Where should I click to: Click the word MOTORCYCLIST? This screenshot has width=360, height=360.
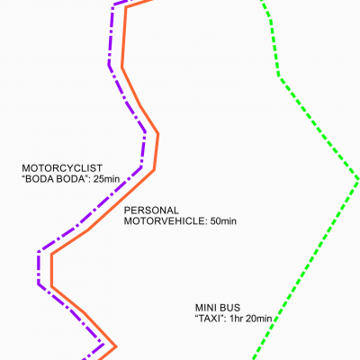pyautogui.click(x=62, y=168)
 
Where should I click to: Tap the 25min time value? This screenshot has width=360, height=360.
pyautogui.click(x=106, y=179)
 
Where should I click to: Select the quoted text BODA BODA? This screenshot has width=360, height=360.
pyautogui.click(x=55, y=179)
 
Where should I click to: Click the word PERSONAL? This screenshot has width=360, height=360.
pyautogui.click(x=151, y=211)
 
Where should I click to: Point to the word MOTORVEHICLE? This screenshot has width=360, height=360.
pyautogui.click(x=166, y=221)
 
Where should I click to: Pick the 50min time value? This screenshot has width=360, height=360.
pyautogui.click(x=223, y=221)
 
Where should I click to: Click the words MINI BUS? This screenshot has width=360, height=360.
pyautogui.click(x=218, y=308)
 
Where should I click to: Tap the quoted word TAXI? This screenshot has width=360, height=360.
pyautogui.click(x=211, y=319)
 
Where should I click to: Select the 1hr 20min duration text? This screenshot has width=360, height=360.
pyautogui.click(x=251, y=319)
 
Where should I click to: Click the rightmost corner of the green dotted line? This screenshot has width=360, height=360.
pyautogui.click(x=358, y=179)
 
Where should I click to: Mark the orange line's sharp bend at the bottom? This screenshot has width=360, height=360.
pyautogui.click(x=115, y=347)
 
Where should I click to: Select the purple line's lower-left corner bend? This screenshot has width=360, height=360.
pyautogui.click(x=39, y=283)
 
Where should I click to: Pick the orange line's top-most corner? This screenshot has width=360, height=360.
pyautogui.click(x=126, y=7)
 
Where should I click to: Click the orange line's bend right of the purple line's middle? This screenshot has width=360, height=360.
pyautogui.click(x=157, y=134)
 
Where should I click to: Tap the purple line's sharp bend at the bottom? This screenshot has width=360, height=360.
pyautogui.click(x=103, y=344)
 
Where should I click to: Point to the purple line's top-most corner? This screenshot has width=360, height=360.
pyautogui.click(x=114, y=5)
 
